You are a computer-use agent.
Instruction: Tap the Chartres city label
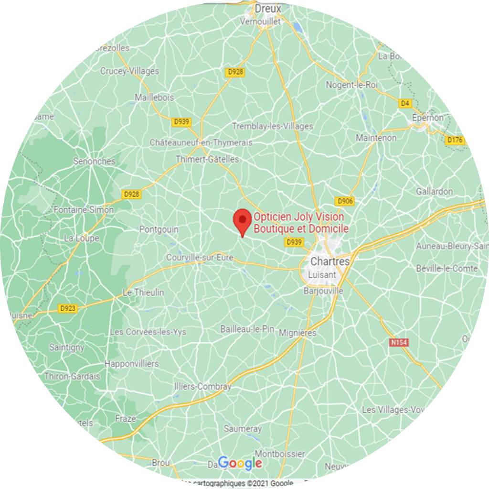pos(330,261)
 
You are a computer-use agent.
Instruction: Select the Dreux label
pos(268,9)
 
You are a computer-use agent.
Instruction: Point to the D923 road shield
pos(68,308)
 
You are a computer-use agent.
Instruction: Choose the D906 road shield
pos(344,201)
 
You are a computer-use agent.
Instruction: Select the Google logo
pos(240,463)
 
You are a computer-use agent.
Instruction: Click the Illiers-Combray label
pos(203,386)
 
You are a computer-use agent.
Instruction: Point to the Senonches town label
pos(94,161)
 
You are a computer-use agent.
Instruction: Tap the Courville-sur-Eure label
pos(200,258)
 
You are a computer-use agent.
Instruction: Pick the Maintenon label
pos(376,138)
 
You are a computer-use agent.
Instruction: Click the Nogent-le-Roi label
pos(352,85)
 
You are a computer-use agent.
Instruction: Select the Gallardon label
pos(435,191)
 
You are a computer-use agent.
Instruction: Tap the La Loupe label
pos(81,238)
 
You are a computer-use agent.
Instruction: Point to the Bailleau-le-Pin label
pos(247,329)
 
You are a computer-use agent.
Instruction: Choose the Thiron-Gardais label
pos(73,376)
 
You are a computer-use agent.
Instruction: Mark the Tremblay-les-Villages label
pos(272,126)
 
